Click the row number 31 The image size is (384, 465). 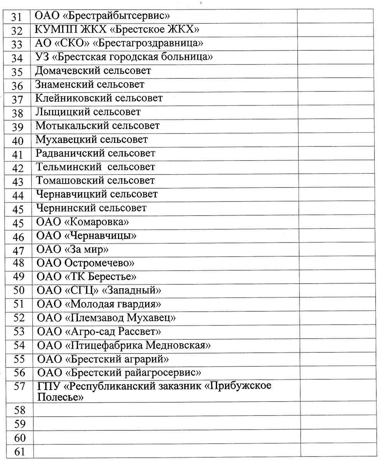(x=18, y=17)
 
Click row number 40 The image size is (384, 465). (x=18, y=141)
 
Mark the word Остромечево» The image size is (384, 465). (x=99, y=263)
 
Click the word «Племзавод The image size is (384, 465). (x=94, y=318)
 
